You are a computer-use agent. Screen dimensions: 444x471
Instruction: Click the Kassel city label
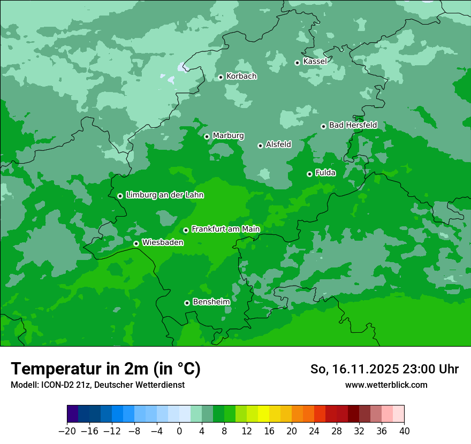tap(315, 62)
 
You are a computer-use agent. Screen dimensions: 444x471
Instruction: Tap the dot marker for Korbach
tap(221, 77)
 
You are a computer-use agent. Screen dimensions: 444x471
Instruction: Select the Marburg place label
tap(228, 136)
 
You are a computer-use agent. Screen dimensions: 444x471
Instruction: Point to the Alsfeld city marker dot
tap(260, 146)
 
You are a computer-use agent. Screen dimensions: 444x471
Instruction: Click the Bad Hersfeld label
tap(353, 125)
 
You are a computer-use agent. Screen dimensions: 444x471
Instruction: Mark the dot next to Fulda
tap(309, 174)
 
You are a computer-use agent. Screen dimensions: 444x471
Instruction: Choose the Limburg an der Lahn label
tap(164, 195)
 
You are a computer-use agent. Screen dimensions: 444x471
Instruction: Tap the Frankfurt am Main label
tap(225, 229)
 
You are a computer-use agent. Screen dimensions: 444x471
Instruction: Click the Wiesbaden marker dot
tap(136, 243)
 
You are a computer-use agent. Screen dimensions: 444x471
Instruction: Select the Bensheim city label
tap(211, 302)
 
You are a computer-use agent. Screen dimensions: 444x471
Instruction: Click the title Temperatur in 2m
tap(105, 369)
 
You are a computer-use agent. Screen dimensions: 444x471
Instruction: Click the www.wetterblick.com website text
tap(386, 385)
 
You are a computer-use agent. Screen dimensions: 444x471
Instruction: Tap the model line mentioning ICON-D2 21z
tap(97, 385)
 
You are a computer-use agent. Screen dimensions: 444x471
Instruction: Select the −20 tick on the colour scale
tap(67, 431)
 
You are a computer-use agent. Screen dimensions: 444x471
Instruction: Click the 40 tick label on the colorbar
tap(404, 431)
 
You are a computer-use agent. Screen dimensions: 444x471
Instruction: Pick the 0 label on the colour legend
tap(179, 431)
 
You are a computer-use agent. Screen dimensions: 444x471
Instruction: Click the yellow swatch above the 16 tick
tap(263, 414)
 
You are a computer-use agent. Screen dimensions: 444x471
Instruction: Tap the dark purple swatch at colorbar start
tap(72, 414)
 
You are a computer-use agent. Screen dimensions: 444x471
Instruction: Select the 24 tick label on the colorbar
tap(314, 431)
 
